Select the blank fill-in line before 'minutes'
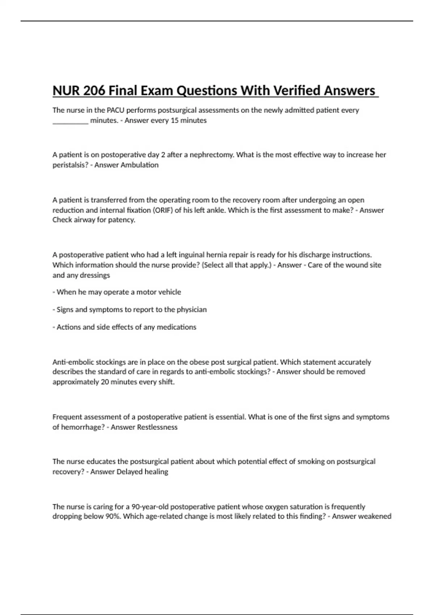[71, 121]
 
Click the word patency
[122, 220]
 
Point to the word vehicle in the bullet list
[169, 292]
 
